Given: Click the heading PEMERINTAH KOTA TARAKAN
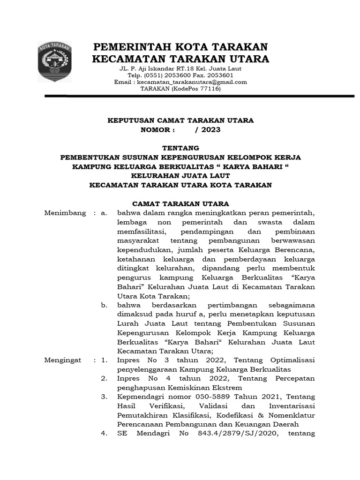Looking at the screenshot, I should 180,47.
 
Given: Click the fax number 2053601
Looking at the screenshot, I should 220,75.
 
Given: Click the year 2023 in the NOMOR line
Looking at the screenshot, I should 210,129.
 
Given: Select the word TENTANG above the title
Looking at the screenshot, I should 180,148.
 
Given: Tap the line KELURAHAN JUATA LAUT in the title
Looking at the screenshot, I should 180,175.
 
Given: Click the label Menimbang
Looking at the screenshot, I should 65,213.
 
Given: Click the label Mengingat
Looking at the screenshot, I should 63,360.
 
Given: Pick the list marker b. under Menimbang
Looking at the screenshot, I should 105,305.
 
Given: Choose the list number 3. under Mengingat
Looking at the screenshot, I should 105,397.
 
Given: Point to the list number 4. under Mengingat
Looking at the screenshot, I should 105,434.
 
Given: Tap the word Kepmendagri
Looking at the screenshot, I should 138,397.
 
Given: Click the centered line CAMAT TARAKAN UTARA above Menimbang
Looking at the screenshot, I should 180,203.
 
